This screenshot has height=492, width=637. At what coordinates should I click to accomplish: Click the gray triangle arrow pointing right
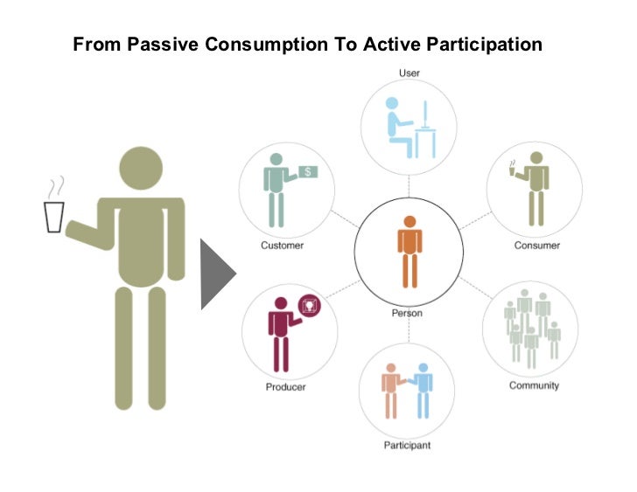217,275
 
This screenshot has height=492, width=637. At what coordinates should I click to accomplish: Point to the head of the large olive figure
140,169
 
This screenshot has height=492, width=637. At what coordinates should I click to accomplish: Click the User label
409,73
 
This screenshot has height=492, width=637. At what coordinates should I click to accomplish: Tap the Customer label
282,246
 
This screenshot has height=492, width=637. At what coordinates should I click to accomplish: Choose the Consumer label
536,246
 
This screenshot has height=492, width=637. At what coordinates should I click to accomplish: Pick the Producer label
285,386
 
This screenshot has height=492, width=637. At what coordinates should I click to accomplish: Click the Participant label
407,446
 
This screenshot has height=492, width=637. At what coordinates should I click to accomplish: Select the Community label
534,385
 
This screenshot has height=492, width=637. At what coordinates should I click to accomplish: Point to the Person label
407,312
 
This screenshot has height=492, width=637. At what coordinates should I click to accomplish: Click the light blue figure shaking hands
423,389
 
